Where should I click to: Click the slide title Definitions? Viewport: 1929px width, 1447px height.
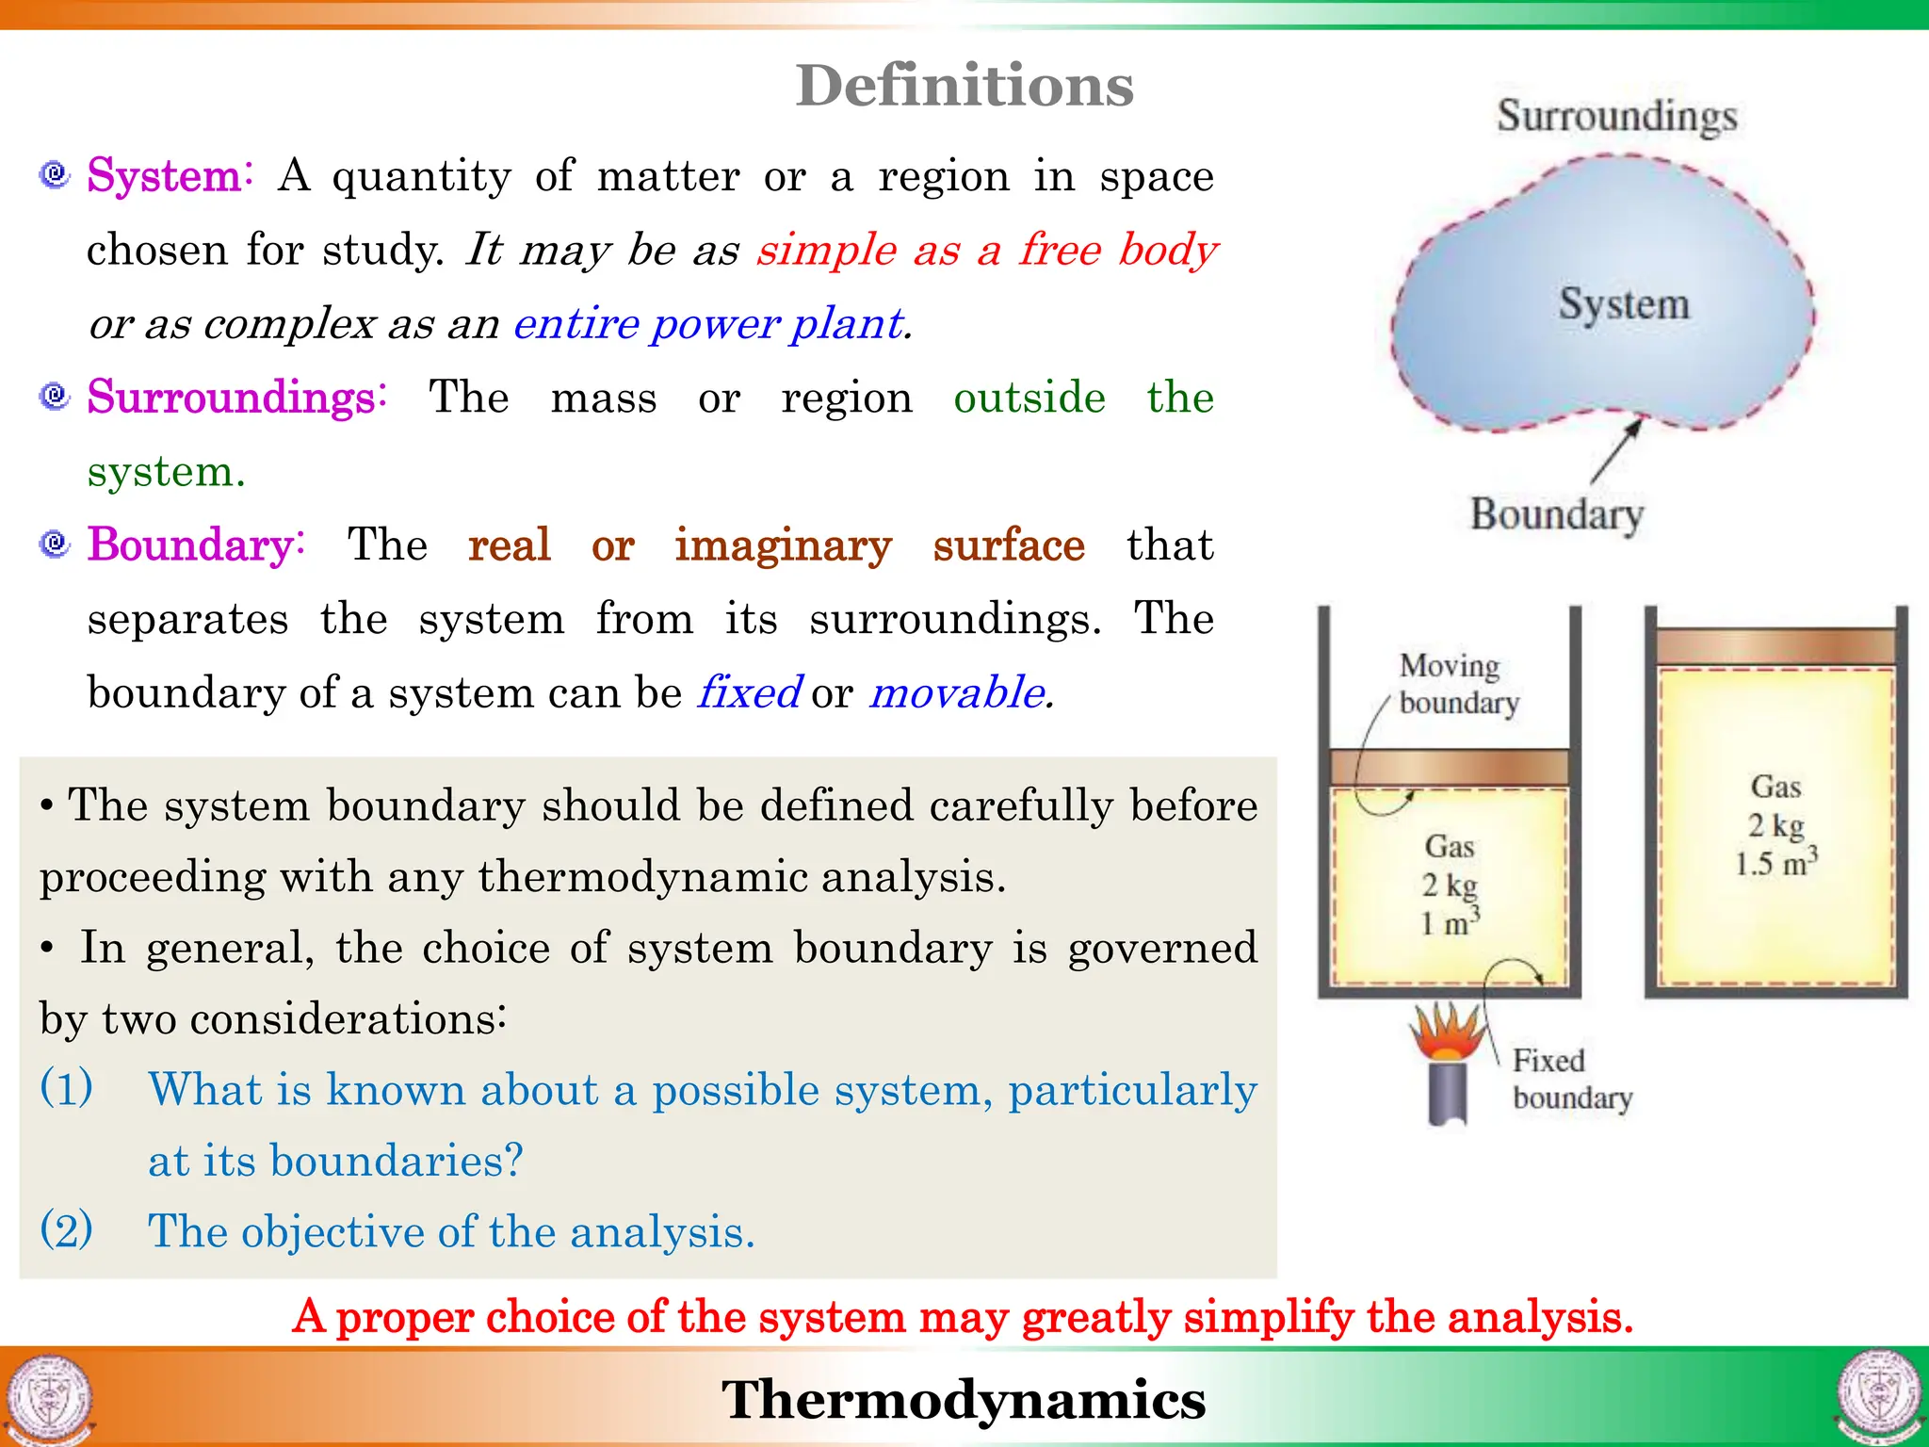click(x=964, y=86)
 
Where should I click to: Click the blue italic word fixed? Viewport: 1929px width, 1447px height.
click(x=750, y=692)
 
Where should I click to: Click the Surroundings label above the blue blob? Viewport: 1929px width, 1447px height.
click(x=1617, y=116)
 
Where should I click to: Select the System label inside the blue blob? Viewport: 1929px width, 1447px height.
click(x=1624, y=303)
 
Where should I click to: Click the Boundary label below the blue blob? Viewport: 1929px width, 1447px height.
click(x=1557, y=514)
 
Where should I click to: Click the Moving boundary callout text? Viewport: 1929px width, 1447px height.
click(x=1458, y=684)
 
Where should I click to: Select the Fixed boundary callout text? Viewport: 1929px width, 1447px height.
click(x=1571, y=1079)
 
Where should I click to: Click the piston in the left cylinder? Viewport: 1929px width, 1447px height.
click(x=1449, y=766)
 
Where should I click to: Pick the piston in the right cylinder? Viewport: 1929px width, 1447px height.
click(x=1775, y=647)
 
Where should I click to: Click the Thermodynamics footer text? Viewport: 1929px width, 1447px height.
click(x=964, y=1399)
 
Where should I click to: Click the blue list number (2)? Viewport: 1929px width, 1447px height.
click(x=67, y=1229)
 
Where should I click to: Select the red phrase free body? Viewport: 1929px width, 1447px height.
click(x=1118, y=250)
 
